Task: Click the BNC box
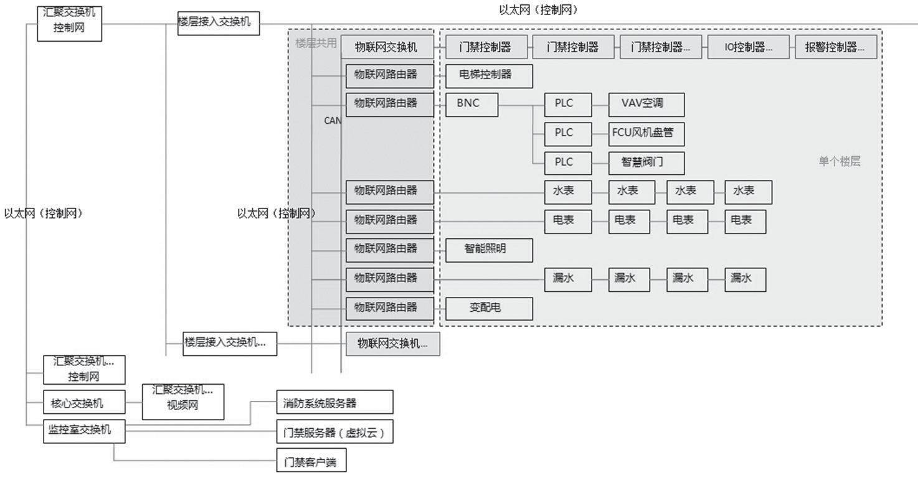tap(472, 105)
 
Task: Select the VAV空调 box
tap(646, 105)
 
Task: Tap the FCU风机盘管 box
tap(646, 133)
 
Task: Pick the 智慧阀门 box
tap(646, 162)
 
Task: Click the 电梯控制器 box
tap(489, 75)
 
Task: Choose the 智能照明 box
tap(489, 250)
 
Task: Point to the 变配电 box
tap(489, 308)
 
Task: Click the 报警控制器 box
tap(836, 47)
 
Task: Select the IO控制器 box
tap(748, 47)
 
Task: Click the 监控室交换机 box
tap(84, 431)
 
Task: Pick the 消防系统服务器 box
tap(335, 402)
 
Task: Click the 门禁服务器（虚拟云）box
tap(335, 431)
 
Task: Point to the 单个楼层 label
tap(839, 162)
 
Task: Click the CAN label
tap(332, 121)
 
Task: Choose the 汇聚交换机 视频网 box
tap(183, 401)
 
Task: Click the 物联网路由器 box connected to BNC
tap(390, 105)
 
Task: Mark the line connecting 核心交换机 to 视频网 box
tap(134, 403)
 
